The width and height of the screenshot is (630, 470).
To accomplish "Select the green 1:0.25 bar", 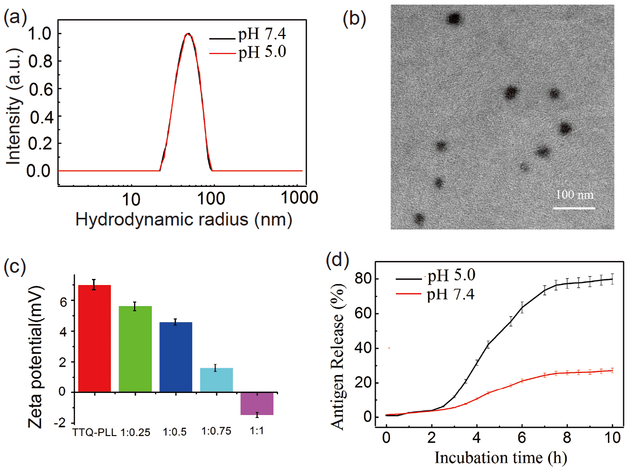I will point(135,349).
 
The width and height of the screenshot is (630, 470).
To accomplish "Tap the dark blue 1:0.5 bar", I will point(176,357).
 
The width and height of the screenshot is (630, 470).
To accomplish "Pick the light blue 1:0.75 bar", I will point(216,380).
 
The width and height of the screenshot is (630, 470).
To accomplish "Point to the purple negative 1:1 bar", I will point(257,403).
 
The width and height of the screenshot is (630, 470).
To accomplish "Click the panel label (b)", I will point(354,19).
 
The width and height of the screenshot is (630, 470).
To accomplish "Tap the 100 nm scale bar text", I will point(575,196).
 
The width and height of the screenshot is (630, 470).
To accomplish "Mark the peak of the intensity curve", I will point(189,34).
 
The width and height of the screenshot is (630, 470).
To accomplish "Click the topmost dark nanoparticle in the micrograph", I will point(454,20).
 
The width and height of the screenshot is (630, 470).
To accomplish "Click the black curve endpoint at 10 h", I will point(612,279).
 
